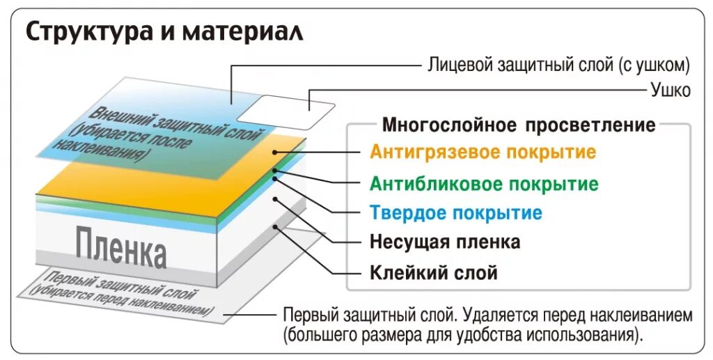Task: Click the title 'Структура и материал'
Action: [165, 32]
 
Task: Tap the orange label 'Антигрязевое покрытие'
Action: [483, 152]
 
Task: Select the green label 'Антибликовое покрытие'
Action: [484, 184]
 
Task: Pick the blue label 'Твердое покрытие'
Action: [455, 212]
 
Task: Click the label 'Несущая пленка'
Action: [445, 242]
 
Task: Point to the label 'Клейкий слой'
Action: [434, 272]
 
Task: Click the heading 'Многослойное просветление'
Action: [519, 125]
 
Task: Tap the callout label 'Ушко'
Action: [671, 89]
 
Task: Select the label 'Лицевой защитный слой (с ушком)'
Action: [558, 65]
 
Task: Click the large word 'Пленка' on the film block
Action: [121, 248]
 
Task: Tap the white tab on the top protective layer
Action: [285, 109]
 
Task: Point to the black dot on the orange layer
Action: [276, 152]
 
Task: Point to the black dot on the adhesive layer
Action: [276, 226]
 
